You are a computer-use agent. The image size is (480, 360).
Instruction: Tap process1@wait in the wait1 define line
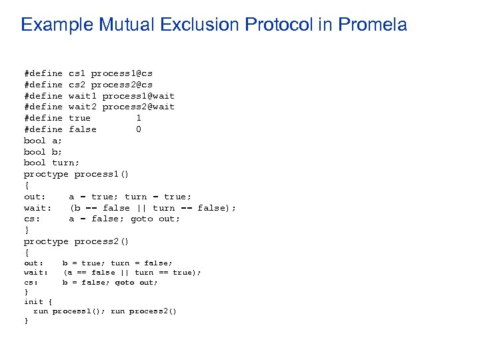(138, 95)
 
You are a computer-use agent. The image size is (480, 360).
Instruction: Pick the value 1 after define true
(138, 118)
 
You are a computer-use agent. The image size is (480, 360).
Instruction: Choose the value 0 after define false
(138, 129)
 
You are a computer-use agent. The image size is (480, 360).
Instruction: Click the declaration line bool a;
(43, 141)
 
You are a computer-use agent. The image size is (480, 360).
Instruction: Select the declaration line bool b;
(43, 152)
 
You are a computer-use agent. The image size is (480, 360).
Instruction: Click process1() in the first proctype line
(101, 174)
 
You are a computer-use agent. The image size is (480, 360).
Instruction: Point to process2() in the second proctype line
(101, 241)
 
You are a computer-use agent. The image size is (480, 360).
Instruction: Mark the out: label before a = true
(35, 197)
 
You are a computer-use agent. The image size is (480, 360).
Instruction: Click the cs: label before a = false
(32, 219)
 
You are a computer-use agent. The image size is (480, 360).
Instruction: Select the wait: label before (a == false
(36, 272)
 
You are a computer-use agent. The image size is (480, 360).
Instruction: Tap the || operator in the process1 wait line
(141, 208)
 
